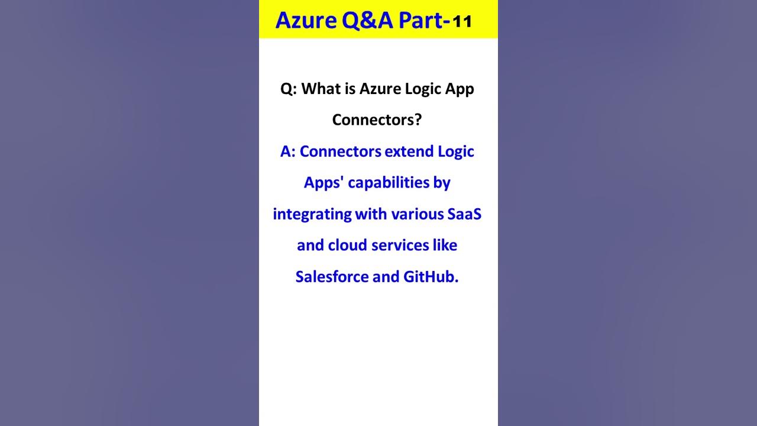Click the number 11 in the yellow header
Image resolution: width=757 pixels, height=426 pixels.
[462, 22]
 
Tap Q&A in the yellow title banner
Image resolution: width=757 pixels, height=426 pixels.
[367, 20]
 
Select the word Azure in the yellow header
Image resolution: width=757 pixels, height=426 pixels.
[306, 21]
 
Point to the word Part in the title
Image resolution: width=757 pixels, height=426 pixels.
[420, 20]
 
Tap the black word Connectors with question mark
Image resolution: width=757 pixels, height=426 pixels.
[377, 120]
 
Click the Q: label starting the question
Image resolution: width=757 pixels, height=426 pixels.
[288, 89]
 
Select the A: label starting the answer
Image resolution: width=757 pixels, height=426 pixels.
[287, 151]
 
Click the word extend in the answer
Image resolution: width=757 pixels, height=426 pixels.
[409, 151]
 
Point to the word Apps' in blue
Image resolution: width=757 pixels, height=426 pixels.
[323, 183]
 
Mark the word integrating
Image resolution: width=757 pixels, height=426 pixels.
[312, 214]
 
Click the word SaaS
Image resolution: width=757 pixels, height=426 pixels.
[464, 214]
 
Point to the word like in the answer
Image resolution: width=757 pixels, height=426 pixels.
[445, 246]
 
